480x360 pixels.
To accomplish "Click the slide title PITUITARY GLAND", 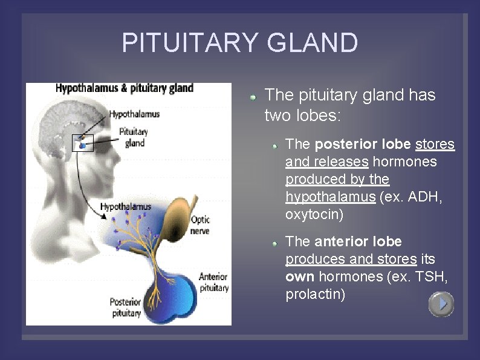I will click(239, 44).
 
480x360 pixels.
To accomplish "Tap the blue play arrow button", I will click(441, 304).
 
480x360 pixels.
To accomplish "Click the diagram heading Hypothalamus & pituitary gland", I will click(125, 88).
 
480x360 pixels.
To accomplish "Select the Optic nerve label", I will click(200, 224).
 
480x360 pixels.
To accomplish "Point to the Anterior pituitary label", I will click(213, 283).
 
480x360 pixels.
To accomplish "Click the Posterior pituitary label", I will click(125, 307).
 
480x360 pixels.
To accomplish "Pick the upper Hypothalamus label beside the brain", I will click(134, 114).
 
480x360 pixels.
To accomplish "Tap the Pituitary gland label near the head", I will click(134, 137).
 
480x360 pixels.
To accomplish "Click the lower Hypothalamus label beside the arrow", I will click(126, 206).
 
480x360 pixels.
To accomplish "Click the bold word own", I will click(300, 277).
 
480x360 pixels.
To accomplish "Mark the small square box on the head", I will click(83, 143).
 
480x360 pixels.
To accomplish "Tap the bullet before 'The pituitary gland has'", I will click(255, 96).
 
